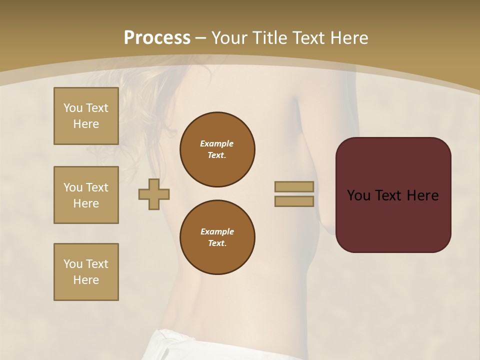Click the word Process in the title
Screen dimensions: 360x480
coord(157,37)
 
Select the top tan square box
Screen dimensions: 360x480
coord(86,116)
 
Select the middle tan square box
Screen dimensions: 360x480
coord(86,195)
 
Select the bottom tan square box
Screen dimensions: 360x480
coord(86,272)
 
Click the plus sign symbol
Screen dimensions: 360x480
coord(154,193)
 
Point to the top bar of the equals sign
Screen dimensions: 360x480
coord(294,186)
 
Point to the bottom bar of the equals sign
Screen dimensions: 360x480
coord(294,201)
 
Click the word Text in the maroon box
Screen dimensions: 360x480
coord(388,195)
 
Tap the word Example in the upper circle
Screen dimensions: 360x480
coord(216,143)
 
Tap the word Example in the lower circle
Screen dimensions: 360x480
coord(217,231)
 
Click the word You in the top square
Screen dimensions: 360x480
coord(73,108)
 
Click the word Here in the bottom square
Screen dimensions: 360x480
coord(86,280)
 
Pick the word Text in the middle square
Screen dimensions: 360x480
coord(97,187)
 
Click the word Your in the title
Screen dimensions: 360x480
coord(229,37)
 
